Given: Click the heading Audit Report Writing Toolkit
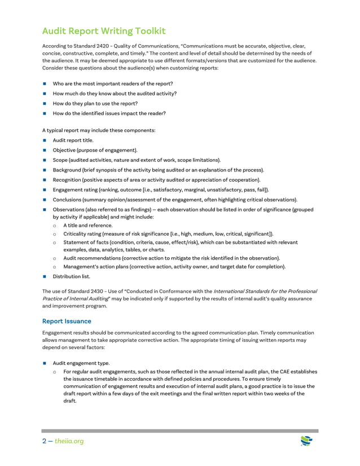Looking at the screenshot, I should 104,31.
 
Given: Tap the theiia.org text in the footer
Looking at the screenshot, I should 69,441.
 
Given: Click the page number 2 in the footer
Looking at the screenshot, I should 45,441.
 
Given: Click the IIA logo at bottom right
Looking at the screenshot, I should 306,440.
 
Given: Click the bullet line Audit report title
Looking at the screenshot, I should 73,140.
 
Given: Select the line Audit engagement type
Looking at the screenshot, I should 81,363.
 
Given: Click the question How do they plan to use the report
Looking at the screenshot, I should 95,103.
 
